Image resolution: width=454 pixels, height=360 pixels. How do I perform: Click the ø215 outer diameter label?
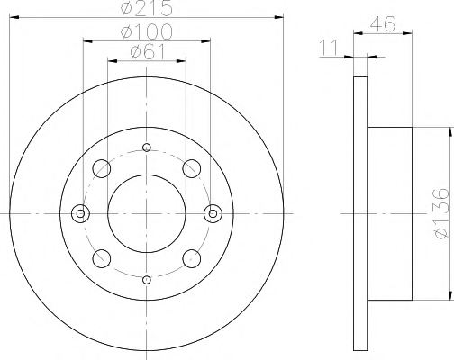pyautogui.click(x=147, y=8)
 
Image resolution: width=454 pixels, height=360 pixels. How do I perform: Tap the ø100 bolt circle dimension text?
pyautogui.click(x=147, y=31)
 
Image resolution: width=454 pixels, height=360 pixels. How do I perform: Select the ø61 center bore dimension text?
pyautogui.click(x=148, y=52)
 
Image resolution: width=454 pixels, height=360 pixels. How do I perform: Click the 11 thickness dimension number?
pyautogui.click(x=329, y=48)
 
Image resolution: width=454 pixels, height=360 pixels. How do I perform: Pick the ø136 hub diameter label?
pyautogui.click(x=440, y=213)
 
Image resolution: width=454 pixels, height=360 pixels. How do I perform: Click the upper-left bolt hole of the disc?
pyautogui.click(x=102, y=168)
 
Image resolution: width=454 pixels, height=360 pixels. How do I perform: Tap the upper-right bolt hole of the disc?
pyautogui.click(x=192, y=168)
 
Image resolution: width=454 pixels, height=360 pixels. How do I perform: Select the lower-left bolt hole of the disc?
pyautogui.click(x=102, y=258)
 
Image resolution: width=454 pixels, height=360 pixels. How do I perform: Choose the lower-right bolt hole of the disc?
pyautogui.click(x=192, y=258)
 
